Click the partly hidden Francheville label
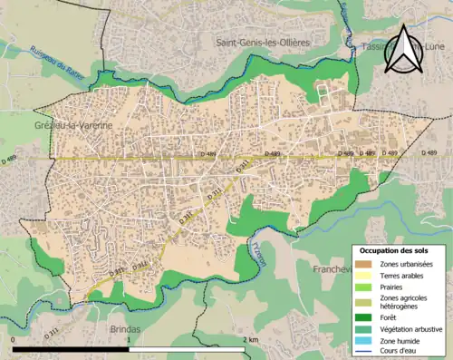331,269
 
